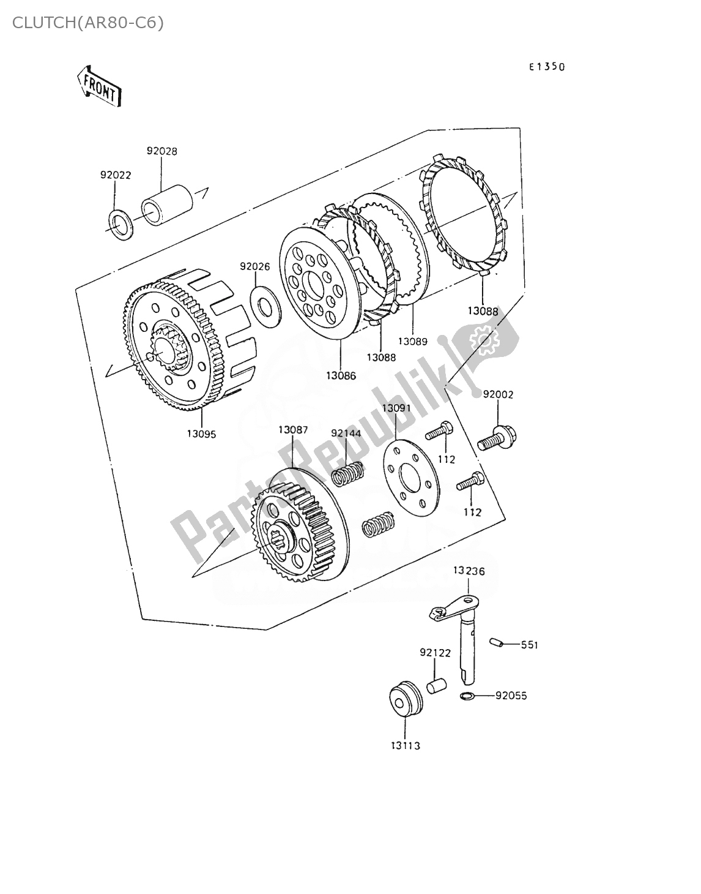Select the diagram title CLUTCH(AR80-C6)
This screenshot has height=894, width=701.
(x=87, y=23)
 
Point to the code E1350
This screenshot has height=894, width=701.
(x=547, y=67)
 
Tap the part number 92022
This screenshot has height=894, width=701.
(x=116, y=175)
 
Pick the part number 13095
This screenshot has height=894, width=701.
(x=201, y=434)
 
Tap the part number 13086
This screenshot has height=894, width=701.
(x=341, y=375)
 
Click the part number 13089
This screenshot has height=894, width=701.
(x=412, y=341)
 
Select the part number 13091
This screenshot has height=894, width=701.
(x=396, y=407)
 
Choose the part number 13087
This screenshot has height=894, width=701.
(x=293, y=430)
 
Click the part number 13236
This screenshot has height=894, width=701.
(x=469, y=571)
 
